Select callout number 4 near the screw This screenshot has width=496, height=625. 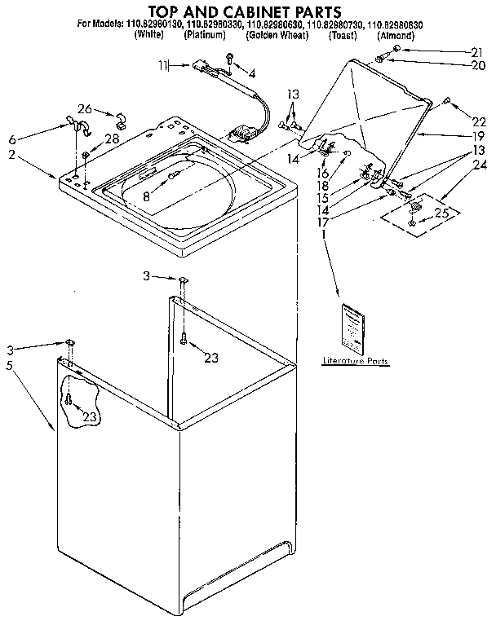251,74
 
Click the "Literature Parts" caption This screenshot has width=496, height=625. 355,360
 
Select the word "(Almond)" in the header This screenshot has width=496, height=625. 396,36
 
